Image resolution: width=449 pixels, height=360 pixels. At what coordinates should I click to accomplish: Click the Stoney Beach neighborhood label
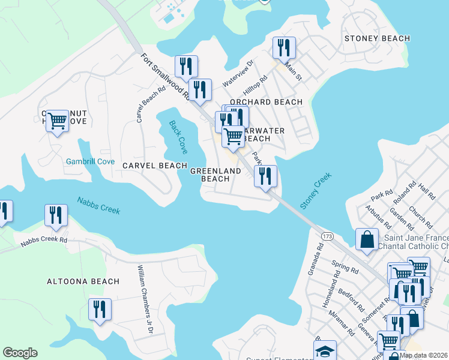tap(377, 38)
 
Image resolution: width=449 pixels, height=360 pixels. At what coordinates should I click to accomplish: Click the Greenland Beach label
tap(215, 175)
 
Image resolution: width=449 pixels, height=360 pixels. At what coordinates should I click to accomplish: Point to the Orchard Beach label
tap(263, 102)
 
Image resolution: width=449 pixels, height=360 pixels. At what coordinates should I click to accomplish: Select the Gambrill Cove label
tap(90, 161)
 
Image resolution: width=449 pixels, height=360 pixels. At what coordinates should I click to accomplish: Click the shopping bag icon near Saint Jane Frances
tap(366, 239)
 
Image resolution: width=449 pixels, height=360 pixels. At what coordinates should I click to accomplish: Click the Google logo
tap(20, 353)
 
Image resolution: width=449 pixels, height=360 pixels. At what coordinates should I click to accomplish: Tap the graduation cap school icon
tap(325, 350)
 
